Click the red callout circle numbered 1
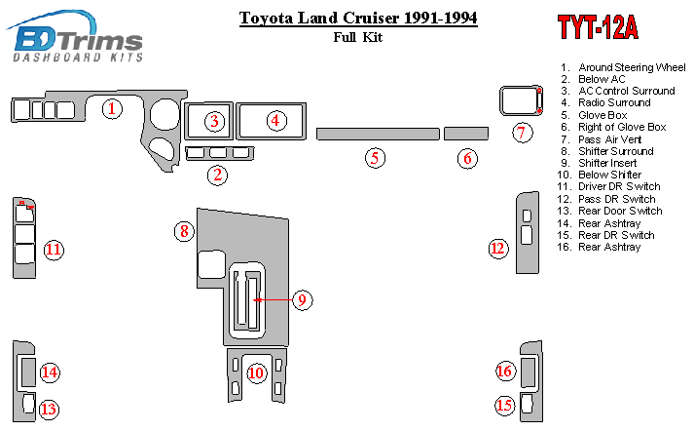pyautogui.click(x=113, y=108)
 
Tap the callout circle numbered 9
pyautogui.click(x=303, y=300)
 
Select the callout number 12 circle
pyautogui.click(x=498, y=249)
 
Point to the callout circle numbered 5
pyautogui.click(x=374, y=157)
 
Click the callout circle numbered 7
pyautogui.click(x=522, y=133)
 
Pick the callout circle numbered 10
pyautogui.click(x=256, y=372)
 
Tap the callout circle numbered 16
pyautogui.click(x=504, y=371)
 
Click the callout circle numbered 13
pyautogui.click(x=49, y=410)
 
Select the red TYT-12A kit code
pyautogui.click(x=597, y=28)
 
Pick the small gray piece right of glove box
pyautogui.click(x=466, y=134)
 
